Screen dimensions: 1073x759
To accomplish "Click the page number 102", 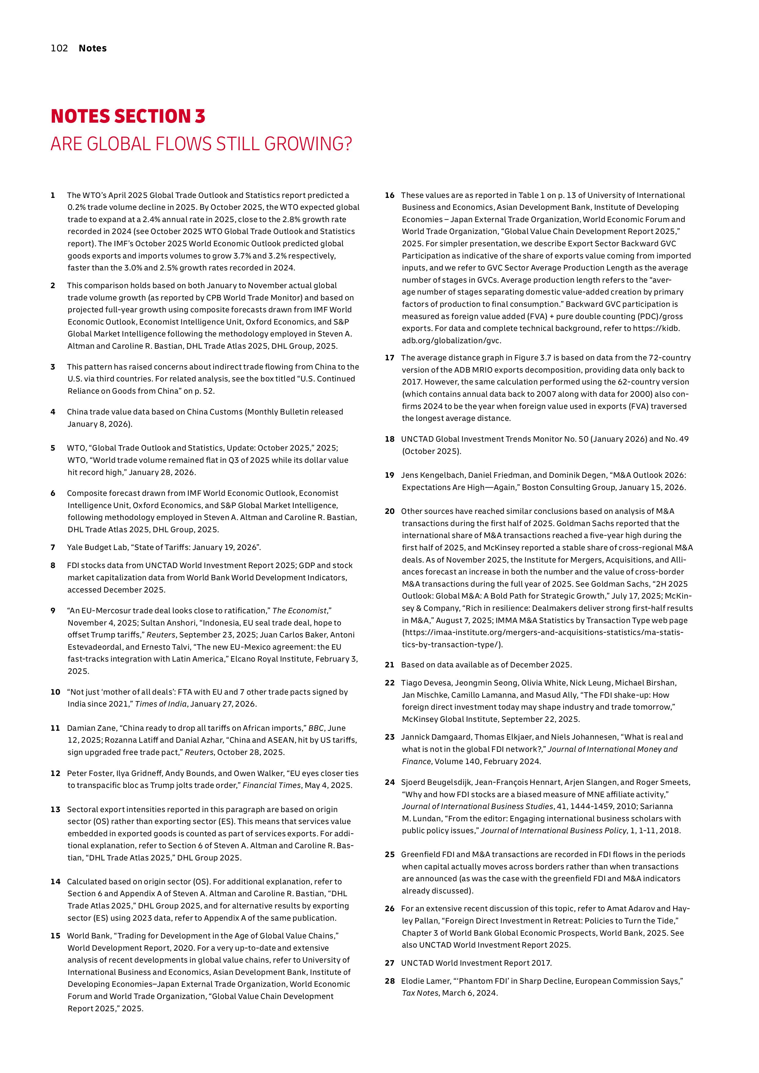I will (59, 48).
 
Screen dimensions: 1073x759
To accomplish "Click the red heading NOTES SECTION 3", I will (128, 116).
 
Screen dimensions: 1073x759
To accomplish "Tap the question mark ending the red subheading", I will (347, 144).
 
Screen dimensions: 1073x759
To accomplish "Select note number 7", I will (53, 547).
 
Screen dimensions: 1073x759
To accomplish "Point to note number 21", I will (390, 665).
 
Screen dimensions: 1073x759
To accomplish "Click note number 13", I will (55, 809).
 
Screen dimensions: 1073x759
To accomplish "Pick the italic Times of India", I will (160, 704).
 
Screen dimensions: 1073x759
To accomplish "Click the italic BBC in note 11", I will (315, 728).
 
